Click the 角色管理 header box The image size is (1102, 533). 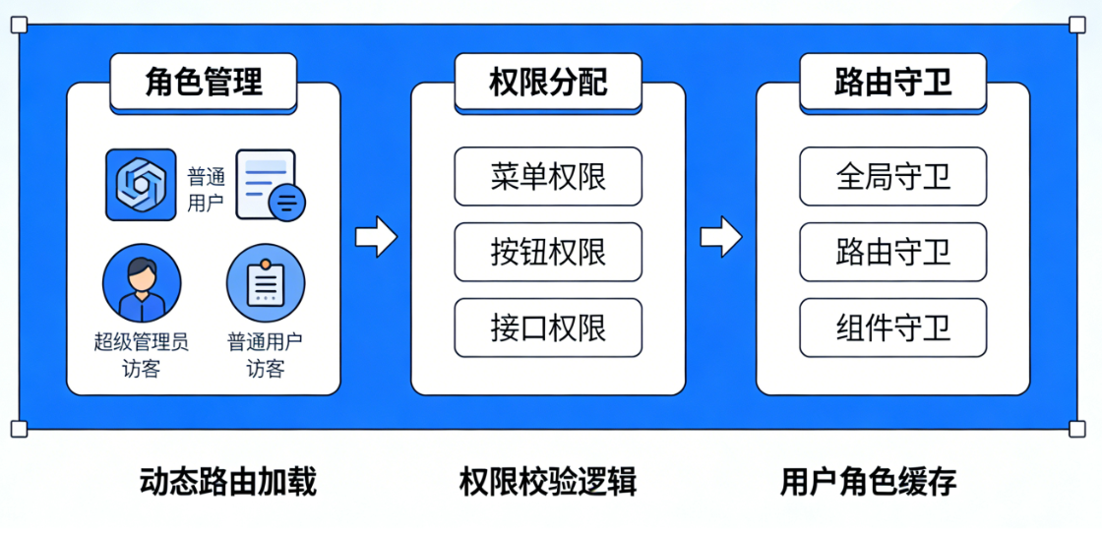pos(204,82)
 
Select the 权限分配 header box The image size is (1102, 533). pos(548,82)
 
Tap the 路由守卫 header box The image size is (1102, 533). pos(892,82)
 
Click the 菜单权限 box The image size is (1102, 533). pos(548,176)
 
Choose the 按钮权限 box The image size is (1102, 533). pos(548,252)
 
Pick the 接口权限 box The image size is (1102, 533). pos(548,327)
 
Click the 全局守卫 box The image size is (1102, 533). pos(892,176)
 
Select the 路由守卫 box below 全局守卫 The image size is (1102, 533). pos(892,252)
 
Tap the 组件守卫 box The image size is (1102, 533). pos(892,327)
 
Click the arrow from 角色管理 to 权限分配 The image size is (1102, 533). pos(375,236)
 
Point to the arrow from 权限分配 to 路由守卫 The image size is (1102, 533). pos(720,236)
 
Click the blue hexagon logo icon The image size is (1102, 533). pos(141,184)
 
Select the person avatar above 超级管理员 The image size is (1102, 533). pos(142,282)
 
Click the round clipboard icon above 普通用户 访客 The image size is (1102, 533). pos(266,282)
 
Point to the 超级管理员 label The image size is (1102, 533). pos(142,341)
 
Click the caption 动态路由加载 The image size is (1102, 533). pos(228,481)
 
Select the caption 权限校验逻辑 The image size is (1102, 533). pos(548,481)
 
